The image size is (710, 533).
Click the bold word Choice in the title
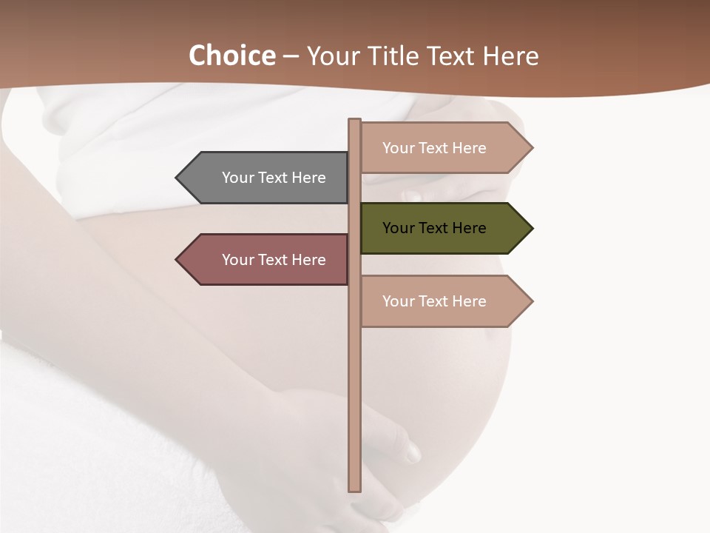click(x=231, y=56)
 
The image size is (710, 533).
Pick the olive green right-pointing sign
click(x=440, y=228)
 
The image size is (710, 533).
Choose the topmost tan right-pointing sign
click(x=440, y=148)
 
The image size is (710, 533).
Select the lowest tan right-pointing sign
click(x=440, y=301)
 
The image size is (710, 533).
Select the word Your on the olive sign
click(x=398, y=228)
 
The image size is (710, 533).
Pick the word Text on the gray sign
click(x=273, y=178)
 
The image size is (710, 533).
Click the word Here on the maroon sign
click(x=308, y=260)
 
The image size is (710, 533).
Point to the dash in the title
click(x=291, y=57)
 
